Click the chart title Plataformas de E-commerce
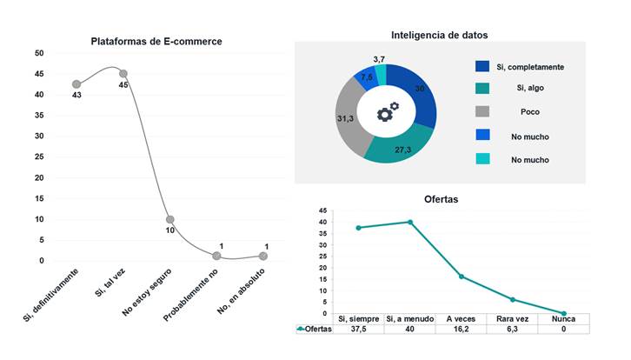156,41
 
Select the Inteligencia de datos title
439,36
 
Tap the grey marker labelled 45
123,74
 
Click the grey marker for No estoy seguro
170,219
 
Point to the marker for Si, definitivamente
76,83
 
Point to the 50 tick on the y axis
39,53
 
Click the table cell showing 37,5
358,330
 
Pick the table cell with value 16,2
462,330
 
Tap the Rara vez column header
513,318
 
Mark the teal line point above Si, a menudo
409,222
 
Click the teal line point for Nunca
564,313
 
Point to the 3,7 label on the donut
379,59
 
